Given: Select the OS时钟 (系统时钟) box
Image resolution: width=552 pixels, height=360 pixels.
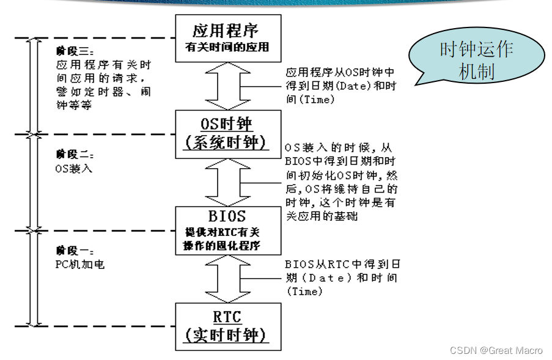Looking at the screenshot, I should coord(228,133).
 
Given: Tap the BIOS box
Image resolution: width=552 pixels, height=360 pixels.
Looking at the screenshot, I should coord(228,230).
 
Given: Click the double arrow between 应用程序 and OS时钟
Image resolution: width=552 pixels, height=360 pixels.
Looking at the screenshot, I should coord(228,86).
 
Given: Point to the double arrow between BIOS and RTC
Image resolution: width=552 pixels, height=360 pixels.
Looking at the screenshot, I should coord(228,278).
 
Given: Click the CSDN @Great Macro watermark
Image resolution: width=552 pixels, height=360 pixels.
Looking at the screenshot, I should coord(496,350).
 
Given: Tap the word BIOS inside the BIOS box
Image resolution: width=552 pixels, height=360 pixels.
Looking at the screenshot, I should coord(227,216).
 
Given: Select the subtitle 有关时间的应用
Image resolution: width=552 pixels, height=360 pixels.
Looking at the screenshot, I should coord(227,46).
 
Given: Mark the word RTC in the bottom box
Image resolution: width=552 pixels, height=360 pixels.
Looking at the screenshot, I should coord(227,317).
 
